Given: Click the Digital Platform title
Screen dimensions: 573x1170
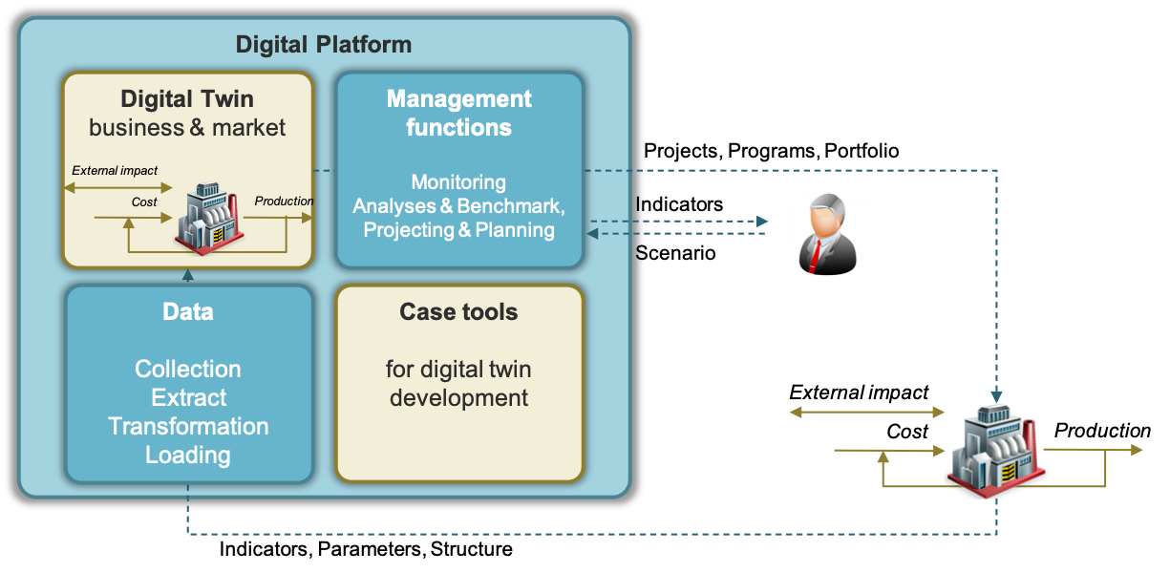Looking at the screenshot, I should [x=324, y=45].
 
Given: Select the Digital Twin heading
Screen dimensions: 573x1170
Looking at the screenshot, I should [x=187, y=99].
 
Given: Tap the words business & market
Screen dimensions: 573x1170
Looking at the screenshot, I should [x=187, y=128].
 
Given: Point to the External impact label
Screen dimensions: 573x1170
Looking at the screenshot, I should [x=115, y=171].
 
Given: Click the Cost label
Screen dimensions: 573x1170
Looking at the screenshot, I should [x=144, y=202].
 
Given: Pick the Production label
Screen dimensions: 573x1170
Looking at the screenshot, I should [x=284, y=202].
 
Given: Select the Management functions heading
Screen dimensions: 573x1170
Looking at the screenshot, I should [x=458, y=113].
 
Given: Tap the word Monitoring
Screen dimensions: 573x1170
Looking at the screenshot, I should [x=458, y=181].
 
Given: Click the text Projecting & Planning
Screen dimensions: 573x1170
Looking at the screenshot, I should [x=458, y=230].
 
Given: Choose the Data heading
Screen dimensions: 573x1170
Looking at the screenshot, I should [x=188, y=312].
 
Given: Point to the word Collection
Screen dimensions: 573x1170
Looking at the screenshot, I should [x=188, y=370].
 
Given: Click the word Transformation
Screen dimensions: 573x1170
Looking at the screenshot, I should [x=188, y=426].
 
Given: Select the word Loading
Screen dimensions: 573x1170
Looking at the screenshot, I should [x=188, y=455].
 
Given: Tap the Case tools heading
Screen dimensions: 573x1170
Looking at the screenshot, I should [x=458, y=312].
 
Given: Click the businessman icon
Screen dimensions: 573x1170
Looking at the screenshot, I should [x=828, y=234].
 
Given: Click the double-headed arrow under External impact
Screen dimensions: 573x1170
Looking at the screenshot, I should [x=118, y=187].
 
